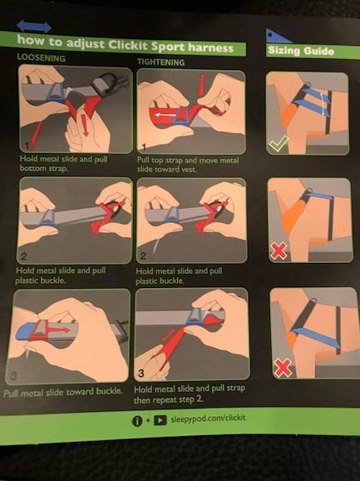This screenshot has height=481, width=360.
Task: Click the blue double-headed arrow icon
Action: click(34, 26)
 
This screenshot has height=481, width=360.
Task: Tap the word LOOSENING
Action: click(41, 58)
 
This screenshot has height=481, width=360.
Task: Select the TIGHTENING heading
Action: click(160, 62)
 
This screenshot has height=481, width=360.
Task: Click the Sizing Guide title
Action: click(301, 51)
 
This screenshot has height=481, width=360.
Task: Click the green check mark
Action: click(279, 143)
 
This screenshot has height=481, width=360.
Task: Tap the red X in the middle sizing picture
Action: click(279, 251)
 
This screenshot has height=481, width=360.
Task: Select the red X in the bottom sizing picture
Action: click(283, 368)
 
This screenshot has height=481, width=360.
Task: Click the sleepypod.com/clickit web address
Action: click(208, 419)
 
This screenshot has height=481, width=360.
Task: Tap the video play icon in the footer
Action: click(160, 420)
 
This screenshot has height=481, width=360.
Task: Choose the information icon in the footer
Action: click(137, 421)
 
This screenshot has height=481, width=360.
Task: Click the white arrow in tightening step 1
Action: click(163, 116)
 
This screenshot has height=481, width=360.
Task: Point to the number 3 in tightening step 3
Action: click(141, 374)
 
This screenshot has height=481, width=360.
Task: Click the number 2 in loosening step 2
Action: click(23, 256)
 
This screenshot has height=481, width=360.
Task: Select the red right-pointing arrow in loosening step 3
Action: click(59, 330)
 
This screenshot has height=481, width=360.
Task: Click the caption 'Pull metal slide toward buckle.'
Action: click(63, 392)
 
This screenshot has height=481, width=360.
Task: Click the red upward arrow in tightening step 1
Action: click(201, 84)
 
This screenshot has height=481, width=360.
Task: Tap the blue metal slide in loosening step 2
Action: click(48, 217)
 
